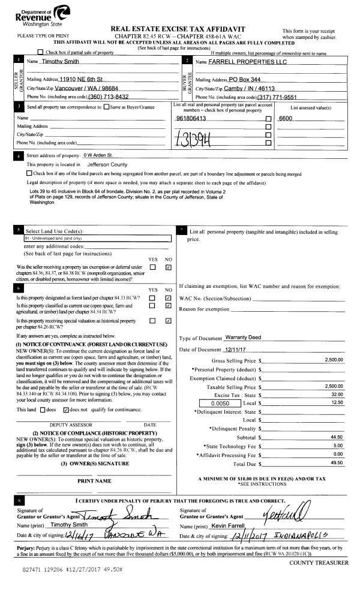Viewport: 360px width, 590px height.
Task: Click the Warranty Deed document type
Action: coord(244,338)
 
